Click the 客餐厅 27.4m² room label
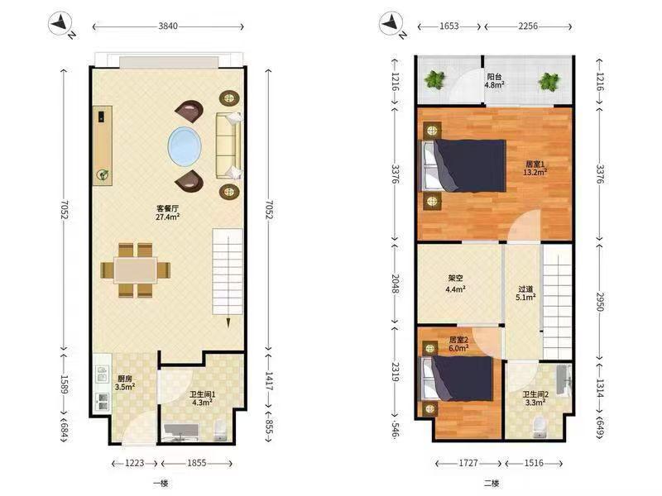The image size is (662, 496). point(168,212)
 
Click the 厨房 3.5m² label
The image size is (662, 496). point(125,382)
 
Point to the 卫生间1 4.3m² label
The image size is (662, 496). point(202,398)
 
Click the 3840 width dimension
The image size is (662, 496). point(168,26)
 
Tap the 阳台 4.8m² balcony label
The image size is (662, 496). point(494,80)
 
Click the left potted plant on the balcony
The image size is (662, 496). point(434,80)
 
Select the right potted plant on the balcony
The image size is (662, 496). point(548,81)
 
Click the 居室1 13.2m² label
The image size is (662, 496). point(535,169)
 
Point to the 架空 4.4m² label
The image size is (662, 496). point(456,284)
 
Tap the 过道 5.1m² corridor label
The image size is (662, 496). point(522,293)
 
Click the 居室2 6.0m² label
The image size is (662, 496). point(459,344)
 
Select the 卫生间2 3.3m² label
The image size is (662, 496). point(535,398)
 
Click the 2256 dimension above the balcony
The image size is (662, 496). point(527,26)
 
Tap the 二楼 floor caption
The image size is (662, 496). point(491,483)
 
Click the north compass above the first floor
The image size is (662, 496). point(62,26)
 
